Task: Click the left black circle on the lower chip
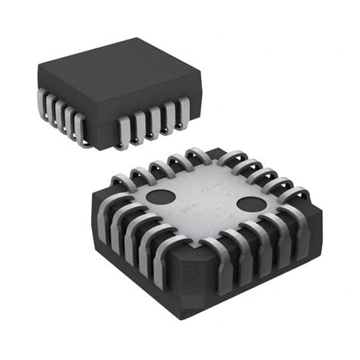(159, 195)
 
